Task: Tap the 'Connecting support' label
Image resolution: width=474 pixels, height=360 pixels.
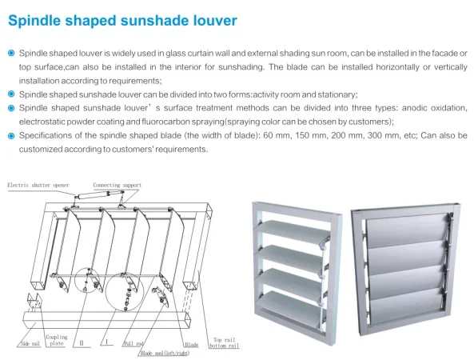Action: [x=117, y=185]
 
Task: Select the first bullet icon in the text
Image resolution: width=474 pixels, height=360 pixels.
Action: [x=10, y=53]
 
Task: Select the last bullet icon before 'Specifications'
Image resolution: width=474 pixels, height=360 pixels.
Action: [x=10, y=134]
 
